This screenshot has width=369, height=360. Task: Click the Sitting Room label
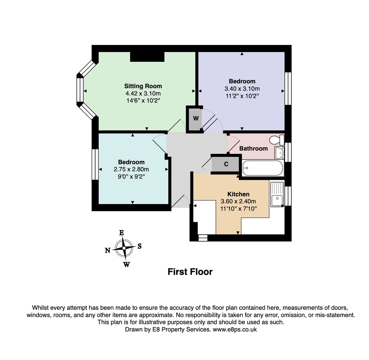tap(143, 86)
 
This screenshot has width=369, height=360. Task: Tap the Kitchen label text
tap(238, 194)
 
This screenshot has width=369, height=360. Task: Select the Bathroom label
tap(254, 148)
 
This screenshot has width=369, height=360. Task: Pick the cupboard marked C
tap(226, 164)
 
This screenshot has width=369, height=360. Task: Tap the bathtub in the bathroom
tap(263, 168)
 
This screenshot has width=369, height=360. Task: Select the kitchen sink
tap(277, 194)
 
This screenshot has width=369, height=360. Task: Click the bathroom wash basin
tap(279, 153)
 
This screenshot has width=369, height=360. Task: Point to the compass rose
tap(124, 248)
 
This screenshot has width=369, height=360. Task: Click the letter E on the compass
tap(121, 233)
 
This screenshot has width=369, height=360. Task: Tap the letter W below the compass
tap(126, 265)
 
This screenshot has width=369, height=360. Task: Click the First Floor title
tap(190, 272)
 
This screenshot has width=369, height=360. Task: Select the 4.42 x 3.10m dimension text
tap(143, 93)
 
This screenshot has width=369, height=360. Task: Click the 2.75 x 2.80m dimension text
tap(131, 169)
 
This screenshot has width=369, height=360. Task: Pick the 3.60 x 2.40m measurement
tap(238, 201)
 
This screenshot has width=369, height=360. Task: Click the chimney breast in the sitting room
tap(147, 57)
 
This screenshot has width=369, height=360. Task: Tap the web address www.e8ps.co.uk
tap(235, 329)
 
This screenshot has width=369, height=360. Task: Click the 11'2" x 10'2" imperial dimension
tap(242, 96)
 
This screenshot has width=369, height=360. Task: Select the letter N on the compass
tap(108, 250)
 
